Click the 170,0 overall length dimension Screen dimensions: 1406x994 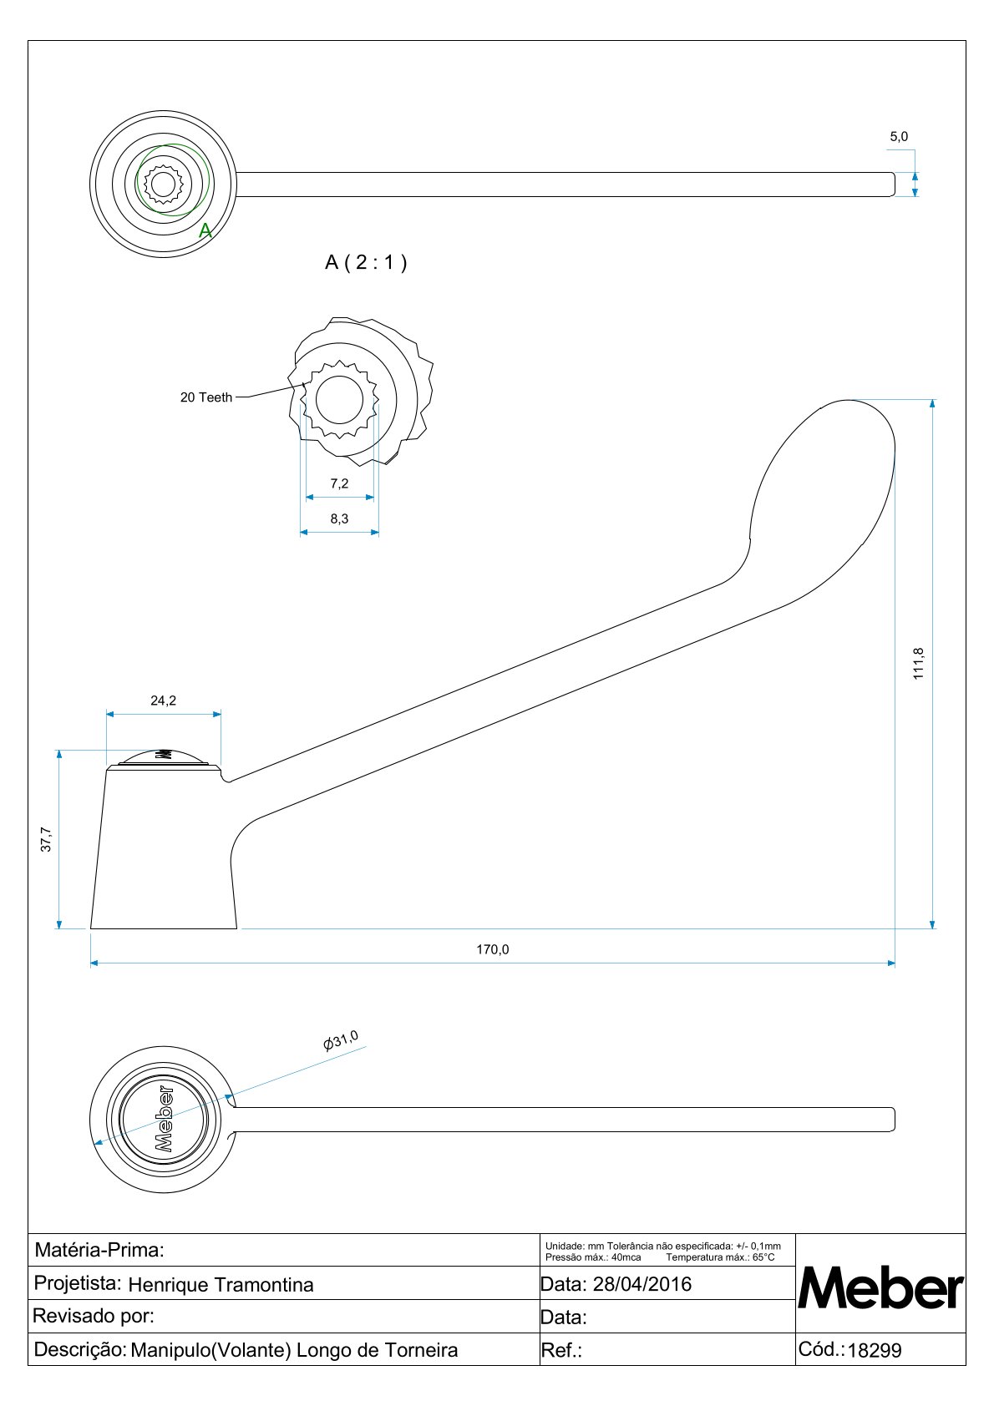(493, 949)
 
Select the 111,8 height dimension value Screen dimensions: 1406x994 (919, 664)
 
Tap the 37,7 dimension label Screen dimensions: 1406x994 (47, 839)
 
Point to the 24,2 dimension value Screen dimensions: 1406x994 (164, 700)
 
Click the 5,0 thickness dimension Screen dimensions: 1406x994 (899, 137)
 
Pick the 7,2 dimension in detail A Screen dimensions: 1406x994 (339, 483)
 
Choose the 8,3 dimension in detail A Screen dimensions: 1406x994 (339, 518)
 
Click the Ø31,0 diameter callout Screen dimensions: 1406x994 (341, 1040)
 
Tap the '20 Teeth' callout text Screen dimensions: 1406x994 (206, 397)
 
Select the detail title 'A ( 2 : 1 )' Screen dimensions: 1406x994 (366, 262)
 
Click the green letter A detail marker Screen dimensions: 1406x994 (205, 231)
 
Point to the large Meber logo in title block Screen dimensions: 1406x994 (880, 1288)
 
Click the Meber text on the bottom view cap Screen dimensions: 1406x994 (164, 1119)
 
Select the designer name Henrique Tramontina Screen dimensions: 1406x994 (221, 1285)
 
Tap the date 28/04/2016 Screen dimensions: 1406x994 (642, 1284)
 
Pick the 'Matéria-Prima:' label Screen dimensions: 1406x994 (99, 1250)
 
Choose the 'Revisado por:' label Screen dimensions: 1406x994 (94, 1317)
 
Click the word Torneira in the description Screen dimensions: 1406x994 (419, 1350)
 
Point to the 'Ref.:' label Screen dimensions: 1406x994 (561, 1351)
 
